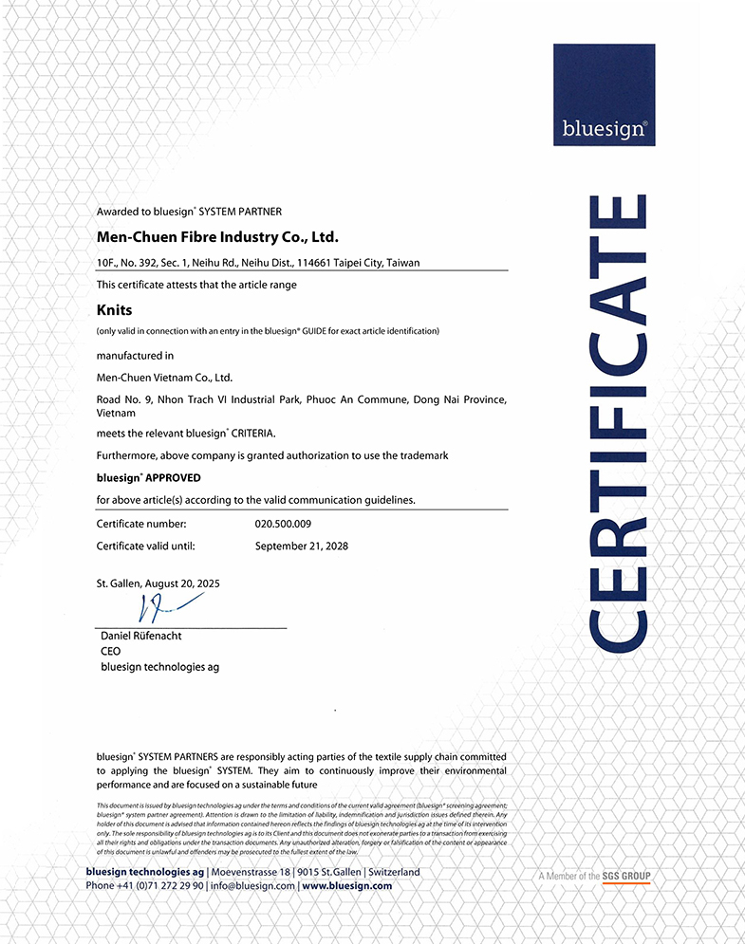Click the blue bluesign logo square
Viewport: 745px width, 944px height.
[604, 95]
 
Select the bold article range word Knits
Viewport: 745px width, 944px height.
[114, 309]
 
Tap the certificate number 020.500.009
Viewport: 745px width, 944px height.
[284, 524]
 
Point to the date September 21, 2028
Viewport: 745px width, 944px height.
[302, 546]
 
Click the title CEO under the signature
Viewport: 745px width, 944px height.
[110, 652]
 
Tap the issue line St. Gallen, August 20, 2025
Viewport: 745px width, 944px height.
[158, 583]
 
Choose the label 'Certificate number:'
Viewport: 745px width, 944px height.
[141, 524]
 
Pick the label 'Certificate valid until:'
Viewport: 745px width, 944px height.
[152, 546]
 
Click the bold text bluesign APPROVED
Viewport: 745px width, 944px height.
[149, 477]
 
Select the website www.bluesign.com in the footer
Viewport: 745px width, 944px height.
[347, 885]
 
